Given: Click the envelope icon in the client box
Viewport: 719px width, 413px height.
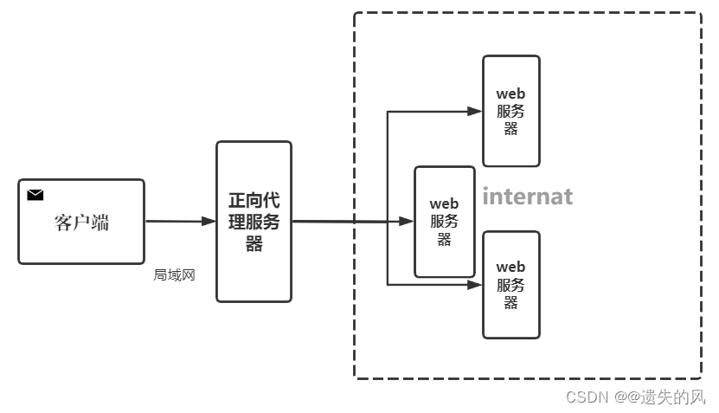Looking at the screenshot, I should [x=35, y=195].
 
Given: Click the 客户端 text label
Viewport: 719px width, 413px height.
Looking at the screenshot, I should [x=81, y=223].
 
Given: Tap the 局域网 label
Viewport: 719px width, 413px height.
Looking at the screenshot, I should [x=175, y=275].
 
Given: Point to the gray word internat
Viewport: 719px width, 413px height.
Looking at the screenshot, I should [x=527, y=197].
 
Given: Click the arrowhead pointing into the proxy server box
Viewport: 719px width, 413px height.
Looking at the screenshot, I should [x=209, y=222].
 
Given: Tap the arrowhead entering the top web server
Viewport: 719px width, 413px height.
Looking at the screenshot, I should [x=475, y=111].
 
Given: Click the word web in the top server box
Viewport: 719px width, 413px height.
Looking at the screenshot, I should [x=510, y=94].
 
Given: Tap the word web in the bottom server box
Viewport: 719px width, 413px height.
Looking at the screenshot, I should [x=510, y=267].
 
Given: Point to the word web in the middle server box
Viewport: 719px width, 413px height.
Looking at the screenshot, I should [x=444, y=203].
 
